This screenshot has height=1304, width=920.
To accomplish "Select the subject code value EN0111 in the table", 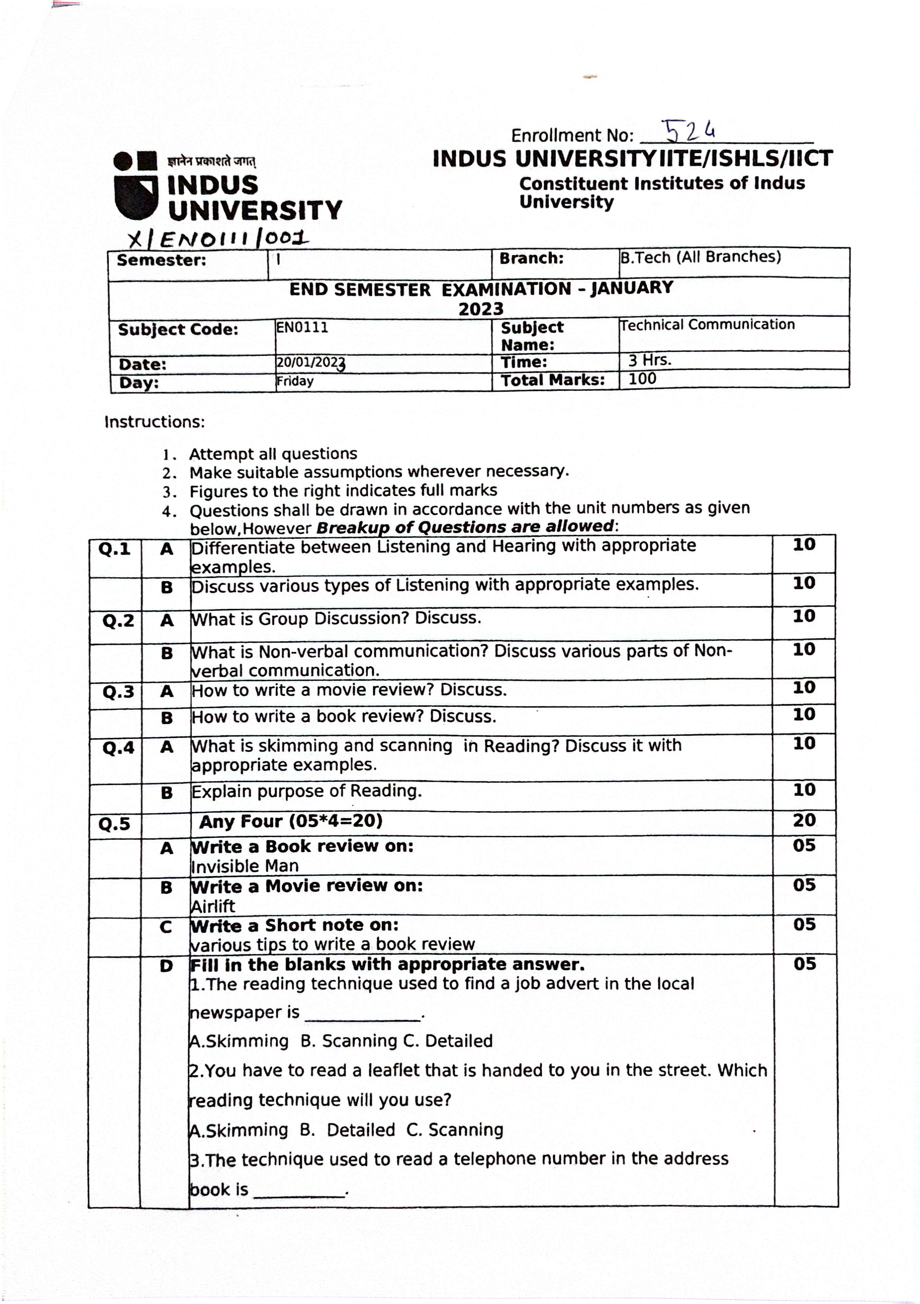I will [x=302, y=327].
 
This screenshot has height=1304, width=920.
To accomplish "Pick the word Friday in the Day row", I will [x=295, y=381].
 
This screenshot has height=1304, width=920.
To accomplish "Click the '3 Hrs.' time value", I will [x=650, y=360].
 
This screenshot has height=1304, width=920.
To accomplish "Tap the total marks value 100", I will [x=642, y=379].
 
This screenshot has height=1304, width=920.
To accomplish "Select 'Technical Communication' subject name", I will [x=707, y=325].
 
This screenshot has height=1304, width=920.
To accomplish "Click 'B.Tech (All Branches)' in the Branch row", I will [x=700, y=257].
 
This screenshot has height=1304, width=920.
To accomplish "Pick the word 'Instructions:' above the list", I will [x=154, y=422].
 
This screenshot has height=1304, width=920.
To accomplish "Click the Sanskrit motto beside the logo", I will [x=211, y=161].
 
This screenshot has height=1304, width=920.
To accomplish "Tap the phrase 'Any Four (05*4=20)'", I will [x=291, y=821].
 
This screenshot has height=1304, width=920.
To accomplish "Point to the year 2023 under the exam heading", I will [x=481, y=309].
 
